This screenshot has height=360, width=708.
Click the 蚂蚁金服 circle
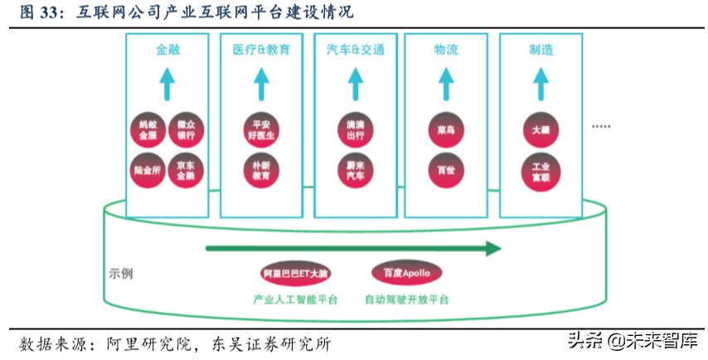click(148, 131)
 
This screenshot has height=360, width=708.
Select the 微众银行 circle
click(186, 131)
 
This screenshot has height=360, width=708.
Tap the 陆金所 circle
click(148, 170)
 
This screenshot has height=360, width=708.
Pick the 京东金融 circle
click(186, 170)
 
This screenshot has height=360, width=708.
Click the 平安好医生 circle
click(261, 130)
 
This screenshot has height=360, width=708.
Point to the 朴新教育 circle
click(261, 170)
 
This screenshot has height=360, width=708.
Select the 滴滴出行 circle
click(355, 130)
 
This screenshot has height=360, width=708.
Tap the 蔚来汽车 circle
click(355, 170)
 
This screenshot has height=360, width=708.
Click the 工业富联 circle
click(541, 170)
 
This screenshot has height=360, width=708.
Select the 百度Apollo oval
click(406, 273)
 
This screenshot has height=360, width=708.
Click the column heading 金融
click(167, 50)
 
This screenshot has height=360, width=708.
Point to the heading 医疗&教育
click(261, 50)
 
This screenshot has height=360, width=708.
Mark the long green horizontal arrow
click(353, 248)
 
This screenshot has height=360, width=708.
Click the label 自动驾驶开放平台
click(406, 299)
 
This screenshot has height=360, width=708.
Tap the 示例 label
click(121, 273)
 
